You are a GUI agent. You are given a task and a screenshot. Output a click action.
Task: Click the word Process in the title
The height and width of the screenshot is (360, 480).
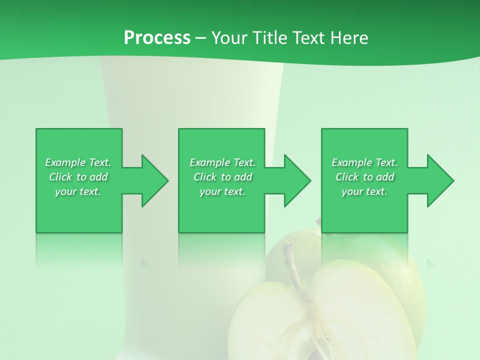point(157,38)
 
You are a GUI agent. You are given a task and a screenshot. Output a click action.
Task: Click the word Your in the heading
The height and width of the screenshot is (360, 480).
point(230,38)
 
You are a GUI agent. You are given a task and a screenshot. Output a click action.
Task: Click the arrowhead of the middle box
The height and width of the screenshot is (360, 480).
point(297,180)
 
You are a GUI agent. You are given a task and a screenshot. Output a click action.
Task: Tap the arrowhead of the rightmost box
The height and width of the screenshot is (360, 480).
point(440,180)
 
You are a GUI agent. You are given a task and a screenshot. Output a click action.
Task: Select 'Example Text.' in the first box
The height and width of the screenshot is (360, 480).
point(78,162)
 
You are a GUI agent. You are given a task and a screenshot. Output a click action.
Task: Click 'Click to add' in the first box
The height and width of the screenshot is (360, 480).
point(78,177)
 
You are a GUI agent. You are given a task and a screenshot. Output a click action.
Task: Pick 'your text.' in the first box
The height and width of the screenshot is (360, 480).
point(78,191)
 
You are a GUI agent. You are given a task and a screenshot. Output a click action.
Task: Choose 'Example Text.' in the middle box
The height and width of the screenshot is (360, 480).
point(222,162)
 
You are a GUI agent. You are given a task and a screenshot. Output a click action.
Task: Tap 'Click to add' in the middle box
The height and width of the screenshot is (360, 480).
point(222,177)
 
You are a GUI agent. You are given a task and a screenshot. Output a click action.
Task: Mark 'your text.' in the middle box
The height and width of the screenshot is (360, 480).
point(222,191)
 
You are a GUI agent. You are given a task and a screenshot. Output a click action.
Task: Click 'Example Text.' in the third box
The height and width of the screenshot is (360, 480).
point(364,162)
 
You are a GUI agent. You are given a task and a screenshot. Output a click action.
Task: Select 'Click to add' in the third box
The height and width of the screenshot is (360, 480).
point(364,177)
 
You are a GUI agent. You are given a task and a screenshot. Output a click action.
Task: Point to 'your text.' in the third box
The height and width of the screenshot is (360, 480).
point(364,191)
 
